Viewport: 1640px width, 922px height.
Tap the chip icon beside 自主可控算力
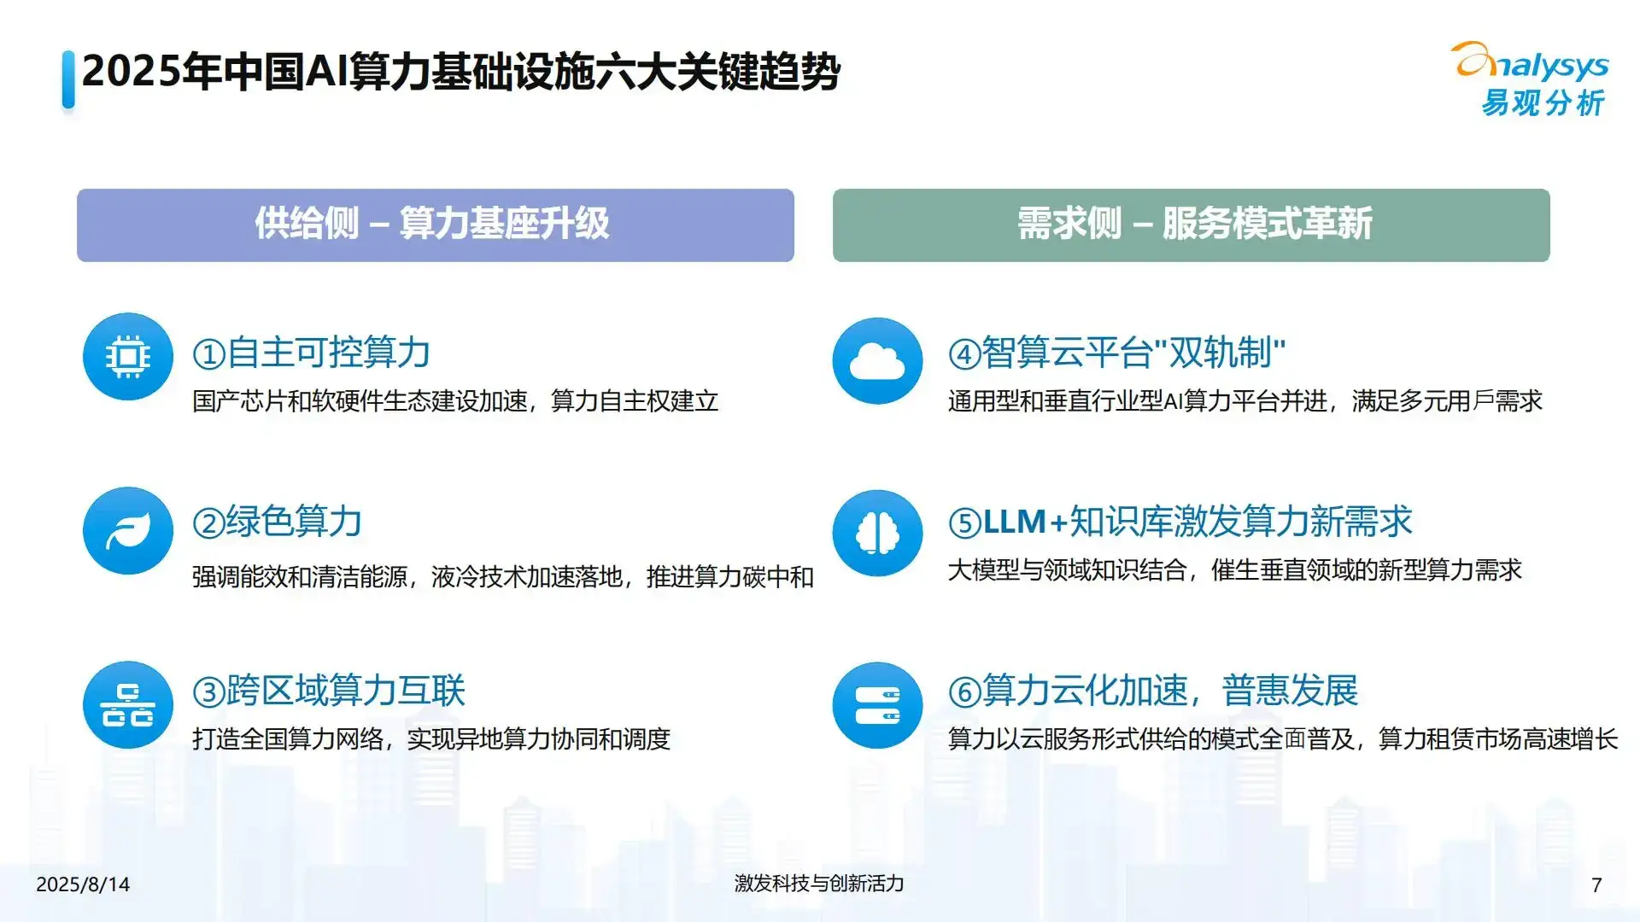(128, 357)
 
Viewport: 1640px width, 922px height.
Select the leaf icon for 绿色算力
(128, 531)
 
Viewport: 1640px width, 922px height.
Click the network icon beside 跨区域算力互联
(128, 705)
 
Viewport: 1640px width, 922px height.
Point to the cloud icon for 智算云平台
(877, 361)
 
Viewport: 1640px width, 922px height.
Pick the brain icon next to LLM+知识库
(877, 534)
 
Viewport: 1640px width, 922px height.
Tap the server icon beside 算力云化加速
(877, 705)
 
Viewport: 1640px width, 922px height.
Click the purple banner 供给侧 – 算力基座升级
(436, 225)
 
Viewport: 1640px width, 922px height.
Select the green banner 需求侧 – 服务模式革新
(1191, 225)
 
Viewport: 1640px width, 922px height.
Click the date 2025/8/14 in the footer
(83, 884)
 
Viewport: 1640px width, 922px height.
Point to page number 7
(1596, 885)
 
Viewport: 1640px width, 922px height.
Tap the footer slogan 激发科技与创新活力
(819, 884)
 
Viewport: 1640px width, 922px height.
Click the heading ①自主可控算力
(312, 353)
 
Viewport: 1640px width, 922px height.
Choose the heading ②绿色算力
(278, 522)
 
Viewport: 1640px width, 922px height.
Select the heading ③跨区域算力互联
(329, 691)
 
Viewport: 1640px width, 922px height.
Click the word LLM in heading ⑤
(1015, 522)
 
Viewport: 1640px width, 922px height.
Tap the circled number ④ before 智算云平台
(964, 354)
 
